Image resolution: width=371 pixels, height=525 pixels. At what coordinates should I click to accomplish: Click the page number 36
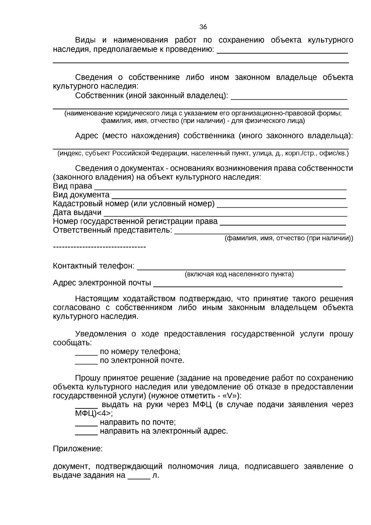click(203, 27)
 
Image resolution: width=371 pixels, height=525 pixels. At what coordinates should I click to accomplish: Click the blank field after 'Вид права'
click(220, 187)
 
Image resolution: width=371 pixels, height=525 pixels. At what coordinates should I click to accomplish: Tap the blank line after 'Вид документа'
click(228, 196)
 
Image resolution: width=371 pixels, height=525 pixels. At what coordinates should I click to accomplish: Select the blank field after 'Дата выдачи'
click(225, 214)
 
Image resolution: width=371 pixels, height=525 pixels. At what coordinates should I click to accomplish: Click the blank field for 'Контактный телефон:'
click(241, 268)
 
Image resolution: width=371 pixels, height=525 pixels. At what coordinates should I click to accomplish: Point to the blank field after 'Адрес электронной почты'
click(248, 285)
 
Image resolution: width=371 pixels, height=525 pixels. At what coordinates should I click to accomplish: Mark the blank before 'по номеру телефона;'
click(86, 353)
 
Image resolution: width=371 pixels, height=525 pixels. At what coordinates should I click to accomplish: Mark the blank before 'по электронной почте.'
click(86, 362)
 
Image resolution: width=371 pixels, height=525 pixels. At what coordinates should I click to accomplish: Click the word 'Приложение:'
click(78, 449)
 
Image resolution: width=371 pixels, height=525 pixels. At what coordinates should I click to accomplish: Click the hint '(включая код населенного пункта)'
click(239, 274)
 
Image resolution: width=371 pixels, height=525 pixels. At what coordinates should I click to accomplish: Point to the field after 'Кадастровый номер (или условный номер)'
click(282, 205)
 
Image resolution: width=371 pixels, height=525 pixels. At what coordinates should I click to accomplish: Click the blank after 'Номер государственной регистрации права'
click(283, 223)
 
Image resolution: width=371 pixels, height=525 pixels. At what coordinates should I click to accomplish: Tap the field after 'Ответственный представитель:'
click(260, 232)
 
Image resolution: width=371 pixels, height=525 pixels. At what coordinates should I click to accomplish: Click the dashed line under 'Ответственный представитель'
click(99, 247)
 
